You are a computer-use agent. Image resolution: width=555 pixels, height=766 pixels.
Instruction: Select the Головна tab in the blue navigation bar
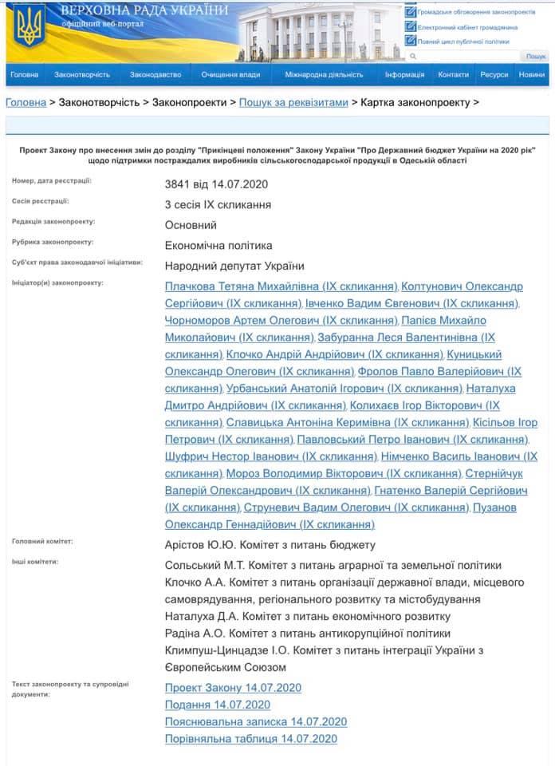pyautogui.click(x=24, y=75)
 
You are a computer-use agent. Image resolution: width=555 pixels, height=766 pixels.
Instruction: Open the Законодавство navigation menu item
pyautogui.click(x=155, y=75)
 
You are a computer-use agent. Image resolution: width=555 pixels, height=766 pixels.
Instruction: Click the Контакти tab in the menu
pyautogui.click(x=453, y=75)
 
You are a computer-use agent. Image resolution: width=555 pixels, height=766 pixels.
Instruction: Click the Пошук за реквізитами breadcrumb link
pyautogui.click(x=293, y=103)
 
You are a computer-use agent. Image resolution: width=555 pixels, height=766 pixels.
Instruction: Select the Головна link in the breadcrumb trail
pyautogui.click(x=26, y=103)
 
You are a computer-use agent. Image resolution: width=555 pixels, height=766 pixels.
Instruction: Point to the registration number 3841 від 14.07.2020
pyautogui.click(x=216, y=184)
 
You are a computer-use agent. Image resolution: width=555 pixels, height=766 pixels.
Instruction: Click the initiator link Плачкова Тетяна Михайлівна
pyautogui.click(x=281, y=286)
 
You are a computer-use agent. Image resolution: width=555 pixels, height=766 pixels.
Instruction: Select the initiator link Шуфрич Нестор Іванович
pyautogui.click(x=270, y=457)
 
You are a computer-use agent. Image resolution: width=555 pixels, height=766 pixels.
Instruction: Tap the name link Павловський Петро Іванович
pyautogui.click(x=412, y=440)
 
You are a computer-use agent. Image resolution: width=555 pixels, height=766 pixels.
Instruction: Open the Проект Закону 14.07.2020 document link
pyautogui.click(x=233, y=688)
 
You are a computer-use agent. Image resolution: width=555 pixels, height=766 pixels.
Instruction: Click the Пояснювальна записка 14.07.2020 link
pyautogui.click(x=255, y=722)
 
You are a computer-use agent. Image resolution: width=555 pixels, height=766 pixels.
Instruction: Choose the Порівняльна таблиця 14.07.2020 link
pyautogui.click(x=250, y=739)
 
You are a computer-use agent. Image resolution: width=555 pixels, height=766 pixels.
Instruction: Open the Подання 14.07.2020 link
pyautogui.click(x=217, y=705)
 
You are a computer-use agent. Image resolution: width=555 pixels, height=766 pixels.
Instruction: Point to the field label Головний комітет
pyautogui.click(x=42, y=542)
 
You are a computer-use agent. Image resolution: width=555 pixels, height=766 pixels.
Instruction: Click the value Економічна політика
pyautogui.click(x=218, y=246)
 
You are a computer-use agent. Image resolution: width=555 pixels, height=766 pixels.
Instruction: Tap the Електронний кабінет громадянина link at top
pyautogui.click(x=466, y=27)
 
